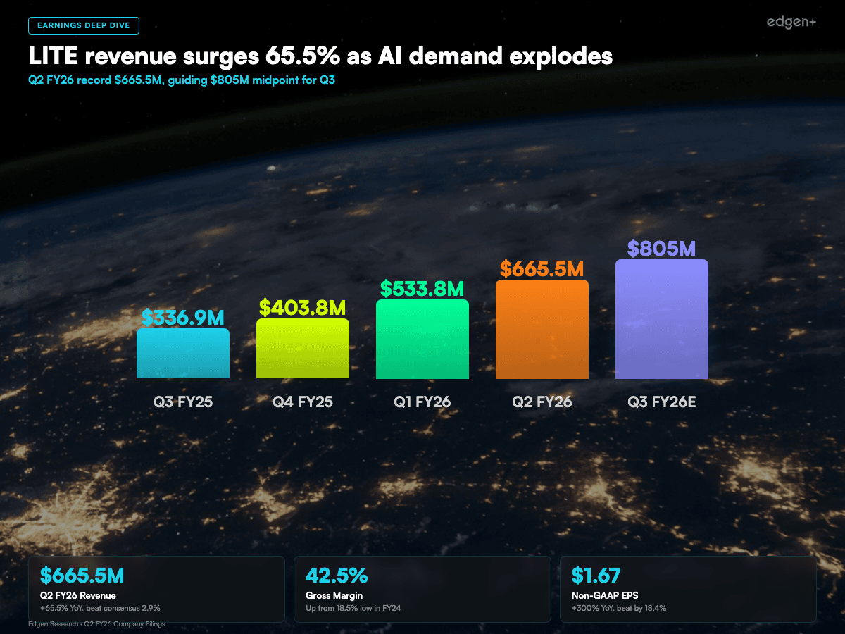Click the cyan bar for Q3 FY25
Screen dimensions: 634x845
coord(183,354)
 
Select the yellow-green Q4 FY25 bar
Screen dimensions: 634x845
coord(303,349)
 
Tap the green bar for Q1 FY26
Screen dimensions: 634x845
coord(423,340)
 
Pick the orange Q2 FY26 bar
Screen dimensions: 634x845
coord(542,330)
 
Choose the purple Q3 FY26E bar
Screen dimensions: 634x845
coord(662,319)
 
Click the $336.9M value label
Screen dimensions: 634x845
coord(183,318)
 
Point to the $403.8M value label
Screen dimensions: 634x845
coord(303,308)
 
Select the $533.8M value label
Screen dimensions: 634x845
coord(423,289)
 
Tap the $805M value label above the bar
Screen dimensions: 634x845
coord(662,249)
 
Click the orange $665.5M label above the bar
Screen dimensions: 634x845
coord(542,269)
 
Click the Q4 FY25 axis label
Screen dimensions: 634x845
coord(303,402)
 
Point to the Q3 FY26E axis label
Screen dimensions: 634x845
coord(662,402)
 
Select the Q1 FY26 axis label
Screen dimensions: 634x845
coord(423,402)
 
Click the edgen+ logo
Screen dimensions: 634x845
coord(791,23)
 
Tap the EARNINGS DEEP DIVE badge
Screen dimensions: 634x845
coord(84,25)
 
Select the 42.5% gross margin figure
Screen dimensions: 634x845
coord(337,576)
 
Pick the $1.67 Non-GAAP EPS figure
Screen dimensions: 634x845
coord(596,576)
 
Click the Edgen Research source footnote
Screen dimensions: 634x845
coord(96,624)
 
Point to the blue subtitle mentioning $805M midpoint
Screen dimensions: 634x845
coord(181,80)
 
